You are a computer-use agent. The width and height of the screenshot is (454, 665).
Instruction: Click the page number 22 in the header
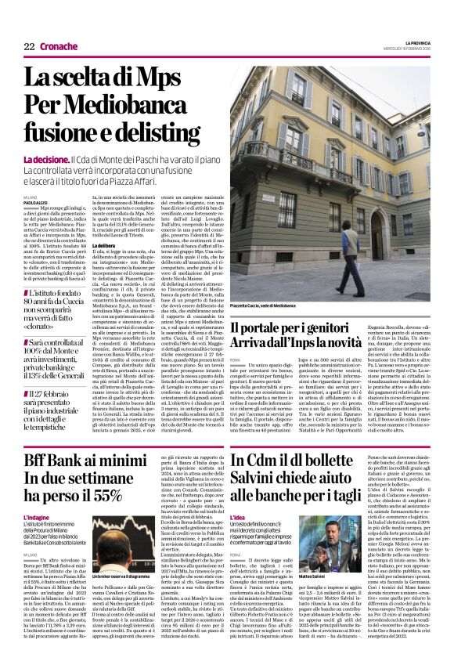tap(29, 46)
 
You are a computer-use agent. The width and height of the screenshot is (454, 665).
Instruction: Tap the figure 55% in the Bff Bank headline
tap(101, 495)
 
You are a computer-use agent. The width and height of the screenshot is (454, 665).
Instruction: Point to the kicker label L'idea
tap(239, 518)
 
